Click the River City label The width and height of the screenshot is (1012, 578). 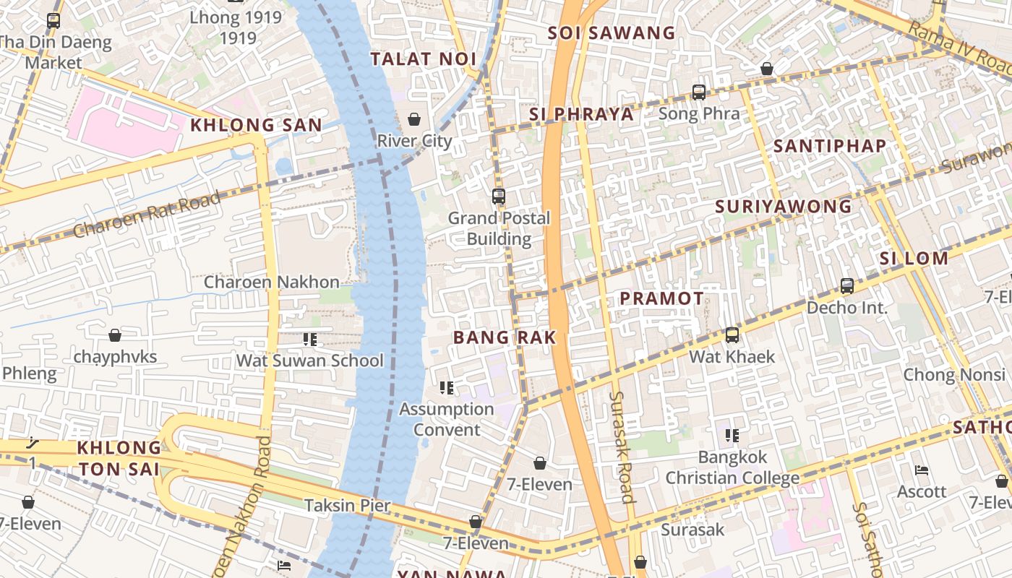click(x=415, y=141)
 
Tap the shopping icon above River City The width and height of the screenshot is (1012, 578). click(x=414, y=119)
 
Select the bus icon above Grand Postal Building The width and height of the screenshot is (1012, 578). click(x=498, y=196)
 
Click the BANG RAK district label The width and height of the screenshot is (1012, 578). click(x=505, y=337)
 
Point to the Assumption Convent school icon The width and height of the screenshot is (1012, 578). click(x=447, y=388)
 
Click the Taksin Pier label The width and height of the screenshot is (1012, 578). click(x=347, y=505)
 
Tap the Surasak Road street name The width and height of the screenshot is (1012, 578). click(x=621, y=447)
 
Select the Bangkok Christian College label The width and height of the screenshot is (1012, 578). click(x=732, y=467)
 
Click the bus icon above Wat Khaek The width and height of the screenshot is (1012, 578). click(x=732, y=335)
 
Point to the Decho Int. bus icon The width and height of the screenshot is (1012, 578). click(x=847, y=286)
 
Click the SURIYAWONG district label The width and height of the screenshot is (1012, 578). click(x=784, y=207)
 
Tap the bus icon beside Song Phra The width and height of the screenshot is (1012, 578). click(x=698, y=92)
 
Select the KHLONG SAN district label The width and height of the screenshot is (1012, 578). click(x=256, y=125)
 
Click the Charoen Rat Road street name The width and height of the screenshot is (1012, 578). click(x=147, y=215)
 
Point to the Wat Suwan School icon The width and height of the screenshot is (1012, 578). click(x=310, y=339)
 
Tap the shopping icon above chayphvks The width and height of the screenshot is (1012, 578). click(x=115, y=335)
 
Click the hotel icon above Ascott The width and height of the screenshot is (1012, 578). click(x=922, y=470)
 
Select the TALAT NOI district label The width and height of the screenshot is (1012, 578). click(x=423, y=59)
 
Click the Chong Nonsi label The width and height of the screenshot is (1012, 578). click(x=954, y=374)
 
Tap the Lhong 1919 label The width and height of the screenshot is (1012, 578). click(x=236, y=27)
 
